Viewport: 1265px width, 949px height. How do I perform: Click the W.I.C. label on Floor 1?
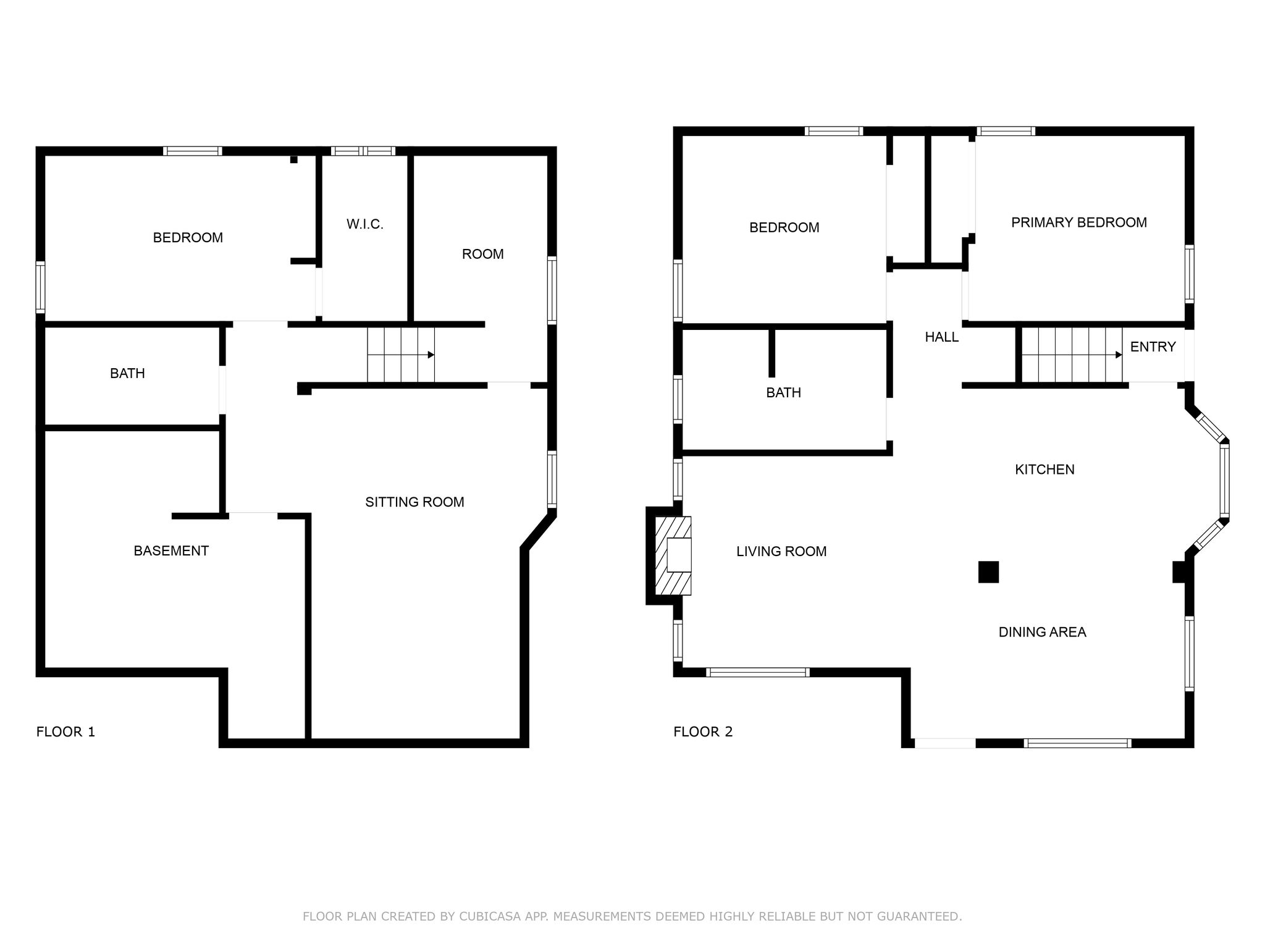pos(365,224)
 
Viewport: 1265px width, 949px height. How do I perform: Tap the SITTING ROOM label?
pos(414,502)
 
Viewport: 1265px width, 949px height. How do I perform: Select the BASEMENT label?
pos(171,551)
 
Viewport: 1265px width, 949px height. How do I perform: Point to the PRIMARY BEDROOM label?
pos(1079,222)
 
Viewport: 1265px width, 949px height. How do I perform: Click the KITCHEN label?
pos(1044,470)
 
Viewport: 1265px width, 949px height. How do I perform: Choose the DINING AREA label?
pos(1043,632)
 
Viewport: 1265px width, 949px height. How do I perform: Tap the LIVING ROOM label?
pos(781,552)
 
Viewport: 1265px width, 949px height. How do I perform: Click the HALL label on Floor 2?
pos(942,337)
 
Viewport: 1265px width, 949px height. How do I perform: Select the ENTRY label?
pos(1153,347)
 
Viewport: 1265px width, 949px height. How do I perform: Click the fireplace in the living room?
pos(673,556)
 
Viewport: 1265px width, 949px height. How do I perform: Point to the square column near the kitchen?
pos(988,572)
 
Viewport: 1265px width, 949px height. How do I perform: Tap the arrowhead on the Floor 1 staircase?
pos(431,355)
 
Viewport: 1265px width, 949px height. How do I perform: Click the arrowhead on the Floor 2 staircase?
pos(1119,355)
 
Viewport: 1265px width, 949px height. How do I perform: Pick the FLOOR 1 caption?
pos(66,732)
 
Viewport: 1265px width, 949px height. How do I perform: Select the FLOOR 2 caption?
pos(703,732)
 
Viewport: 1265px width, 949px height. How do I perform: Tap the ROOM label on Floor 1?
pos(483,255)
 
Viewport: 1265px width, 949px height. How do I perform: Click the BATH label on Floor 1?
pos(127,374)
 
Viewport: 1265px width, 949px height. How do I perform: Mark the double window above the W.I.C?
pos(363,151)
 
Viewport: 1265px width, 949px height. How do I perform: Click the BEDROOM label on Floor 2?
pos(784,228)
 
